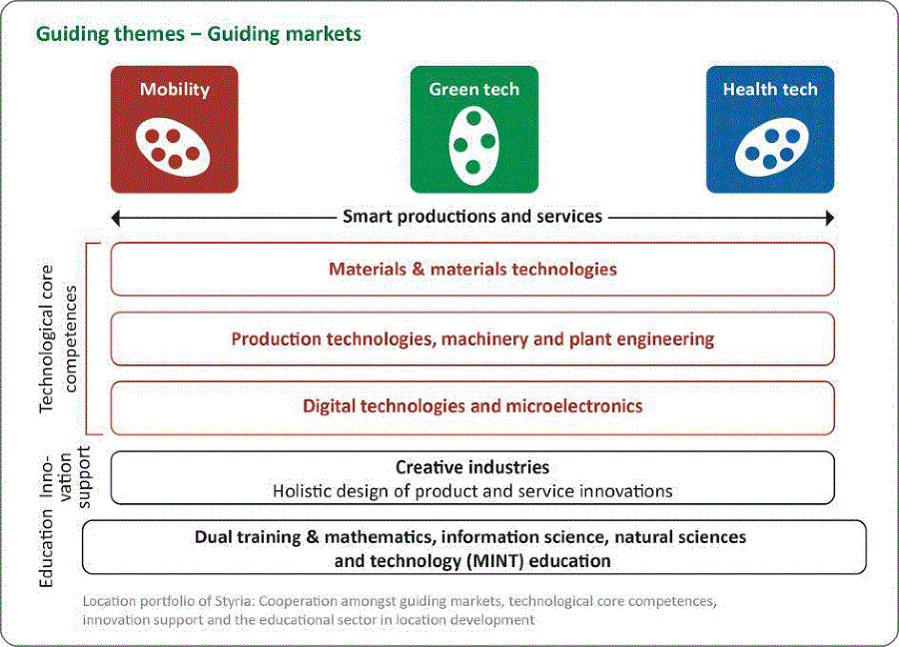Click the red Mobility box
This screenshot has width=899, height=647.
(174, 130)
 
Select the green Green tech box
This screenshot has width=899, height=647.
(474, 130)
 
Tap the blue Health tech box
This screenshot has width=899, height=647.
(770, 130)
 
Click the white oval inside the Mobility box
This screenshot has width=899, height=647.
(173, 148)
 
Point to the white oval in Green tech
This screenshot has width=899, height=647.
(473, 146)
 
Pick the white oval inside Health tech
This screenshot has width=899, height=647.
(772, 148)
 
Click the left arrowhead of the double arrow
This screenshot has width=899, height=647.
(115, 218)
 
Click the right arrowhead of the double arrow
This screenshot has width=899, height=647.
(830, 218)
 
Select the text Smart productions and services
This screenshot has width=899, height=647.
(472, 217)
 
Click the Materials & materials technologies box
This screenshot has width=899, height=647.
(472, 270)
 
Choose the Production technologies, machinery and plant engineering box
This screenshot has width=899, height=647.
(472, 338)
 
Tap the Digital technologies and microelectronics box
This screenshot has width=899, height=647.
(472, 408)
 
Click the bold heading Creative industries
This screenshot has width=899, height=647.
(472, 467)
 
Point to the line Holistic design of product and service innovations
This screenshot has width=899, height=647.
(472, 491)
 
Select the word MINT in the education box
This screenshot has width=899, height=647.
(494, 560)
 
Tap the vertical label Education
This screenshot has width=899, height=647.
(46, 548)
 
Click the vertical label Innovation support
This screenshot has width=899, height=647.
(65, 477)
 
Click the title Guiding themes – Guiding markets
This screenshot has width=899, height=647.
(199, 34)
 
